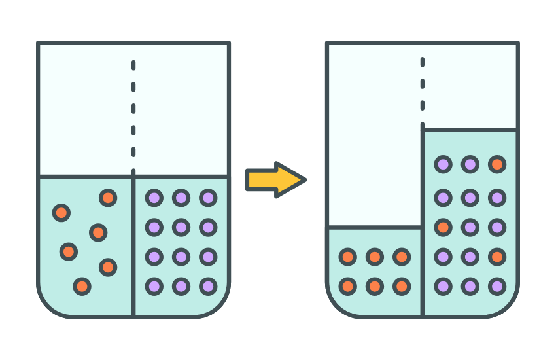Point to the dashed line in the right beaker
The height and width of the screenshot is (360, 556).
[x=422, y=92]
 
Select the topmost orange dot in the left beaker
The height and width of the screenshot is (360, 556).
[x=108, y=198]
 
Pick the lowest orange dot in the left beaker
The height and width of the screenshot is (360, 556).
[x=82, y=286]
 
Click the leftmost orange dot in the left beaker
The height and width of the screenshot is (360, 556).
[x=61, y=212]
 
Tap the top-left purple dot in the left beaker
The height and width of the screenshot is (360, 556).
[x=154, y=197]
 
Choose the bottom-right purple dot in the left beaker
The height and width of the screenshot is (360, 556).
[x=208, y=286]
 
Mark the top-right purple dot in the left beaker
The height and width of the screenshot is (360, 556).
[x=208, y=197]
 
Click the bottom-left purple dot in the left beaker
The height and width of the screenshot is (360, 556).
[x=154, y=286]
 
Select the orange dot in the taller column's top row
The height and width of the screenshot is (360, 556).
[x=497, y=164]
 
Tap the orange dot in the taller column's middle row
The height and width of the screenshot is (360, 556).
[x=443, y=227]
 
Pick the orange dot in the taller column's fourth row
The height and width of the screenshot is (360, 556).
[x=497, y=257]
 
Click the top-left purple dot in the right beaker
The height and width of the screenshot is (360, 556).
[x=443, y=164]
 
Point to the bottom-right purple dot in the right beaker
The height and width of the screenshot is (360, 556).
[x=497, y=286]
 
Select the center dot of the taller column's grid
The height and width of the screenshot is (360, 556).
[x=470, y=227]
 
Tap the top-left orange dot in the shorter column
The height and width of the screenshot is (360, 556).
[x=348, y=257]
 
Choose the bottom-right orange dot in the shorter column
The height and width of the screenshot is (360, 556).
[x=402, y=286]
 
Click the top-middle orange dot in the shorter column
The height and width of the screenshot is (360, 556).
[x=375, y=257]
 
